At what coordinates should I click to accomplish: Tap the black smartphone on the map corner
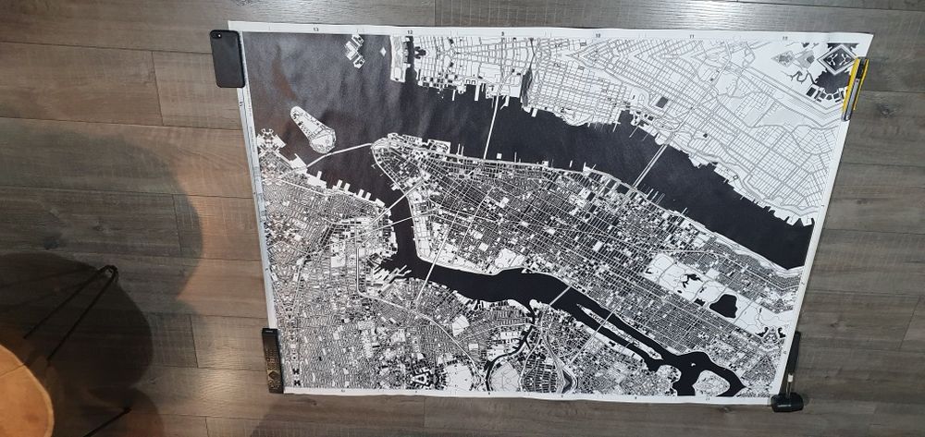coord(228,58)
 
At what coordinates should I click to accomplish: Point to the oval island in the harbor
coord(313,128)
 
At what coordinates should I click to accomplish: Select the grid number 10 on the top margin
coord(598,36)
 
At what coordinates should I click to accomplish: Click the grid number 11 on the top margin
coord(692,37)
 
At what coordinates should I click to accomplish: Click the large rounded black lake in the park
coord(724,305)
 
